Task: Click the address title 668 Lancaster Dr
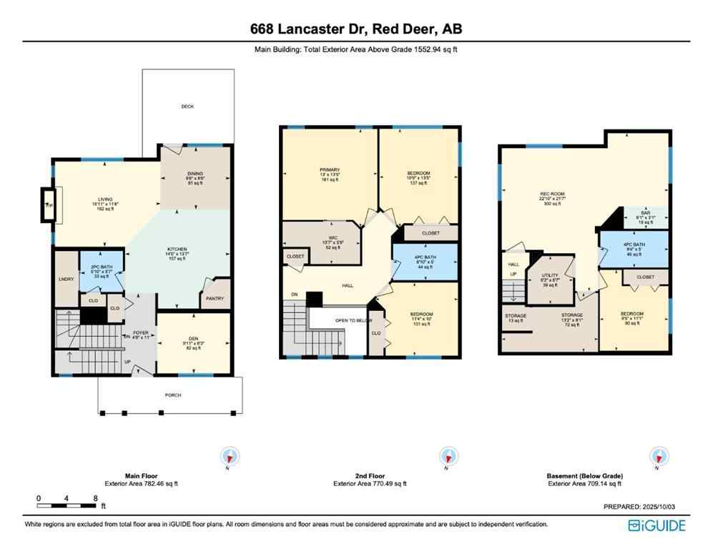coord(355,29)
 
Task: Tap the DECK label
coord(187,107)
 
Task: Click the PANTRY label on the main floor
coord(215,299)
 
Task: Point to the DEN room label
coord(193,340)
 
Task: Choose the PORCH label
coord(173,395)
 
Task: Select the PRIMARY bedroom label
coord(330,170)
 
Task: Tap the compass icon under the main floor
coord(230,456)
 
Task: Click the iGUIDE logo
coord(657,525)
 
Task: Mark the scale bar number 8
coord(95,498)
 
